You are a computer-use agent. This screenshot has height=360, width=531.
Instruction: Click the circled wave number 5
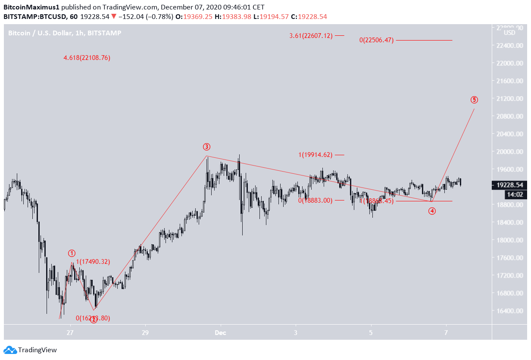(474, 100)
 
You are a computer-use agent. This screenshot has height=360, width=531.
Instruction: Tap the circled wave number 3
(207, 147)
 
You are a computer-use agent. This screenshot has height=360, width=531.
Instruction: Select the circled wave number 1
(72, 253)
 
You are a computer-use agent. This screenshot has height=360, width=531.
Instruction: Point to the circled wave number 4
(432, 211)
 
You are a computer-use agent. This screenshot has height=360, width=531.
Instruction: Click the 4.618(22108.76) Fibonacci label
(87, 58)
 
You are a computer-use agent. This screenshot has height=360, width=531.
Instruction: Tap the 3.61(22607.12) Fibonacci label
(311, 36)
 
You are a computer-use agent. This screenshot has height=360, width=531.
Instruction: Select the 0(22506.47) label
(376, 40)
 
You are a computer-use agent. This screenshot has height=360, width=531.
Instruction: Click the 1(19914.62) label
(315, 155)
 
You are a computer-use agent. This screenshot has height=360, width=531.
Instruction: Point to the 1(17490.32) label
(93, 261)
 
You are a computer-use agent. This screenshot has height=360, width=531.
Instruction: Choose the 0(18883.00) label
(315, 200)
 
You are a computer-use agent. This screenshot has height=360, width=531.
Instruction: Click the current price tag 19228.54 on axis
(509, 185)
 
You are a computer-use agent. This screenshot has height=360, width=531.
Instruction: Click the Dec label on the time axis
(220, 332)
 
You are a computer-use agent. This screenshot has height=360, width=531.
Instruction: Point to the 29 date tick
(145, 332)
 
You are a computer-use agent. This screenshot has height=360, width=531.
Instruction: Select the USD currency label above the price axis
(509, 33)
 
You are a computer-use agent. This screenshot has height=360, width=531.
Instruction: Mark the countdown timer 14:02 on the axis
(509, 194)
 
